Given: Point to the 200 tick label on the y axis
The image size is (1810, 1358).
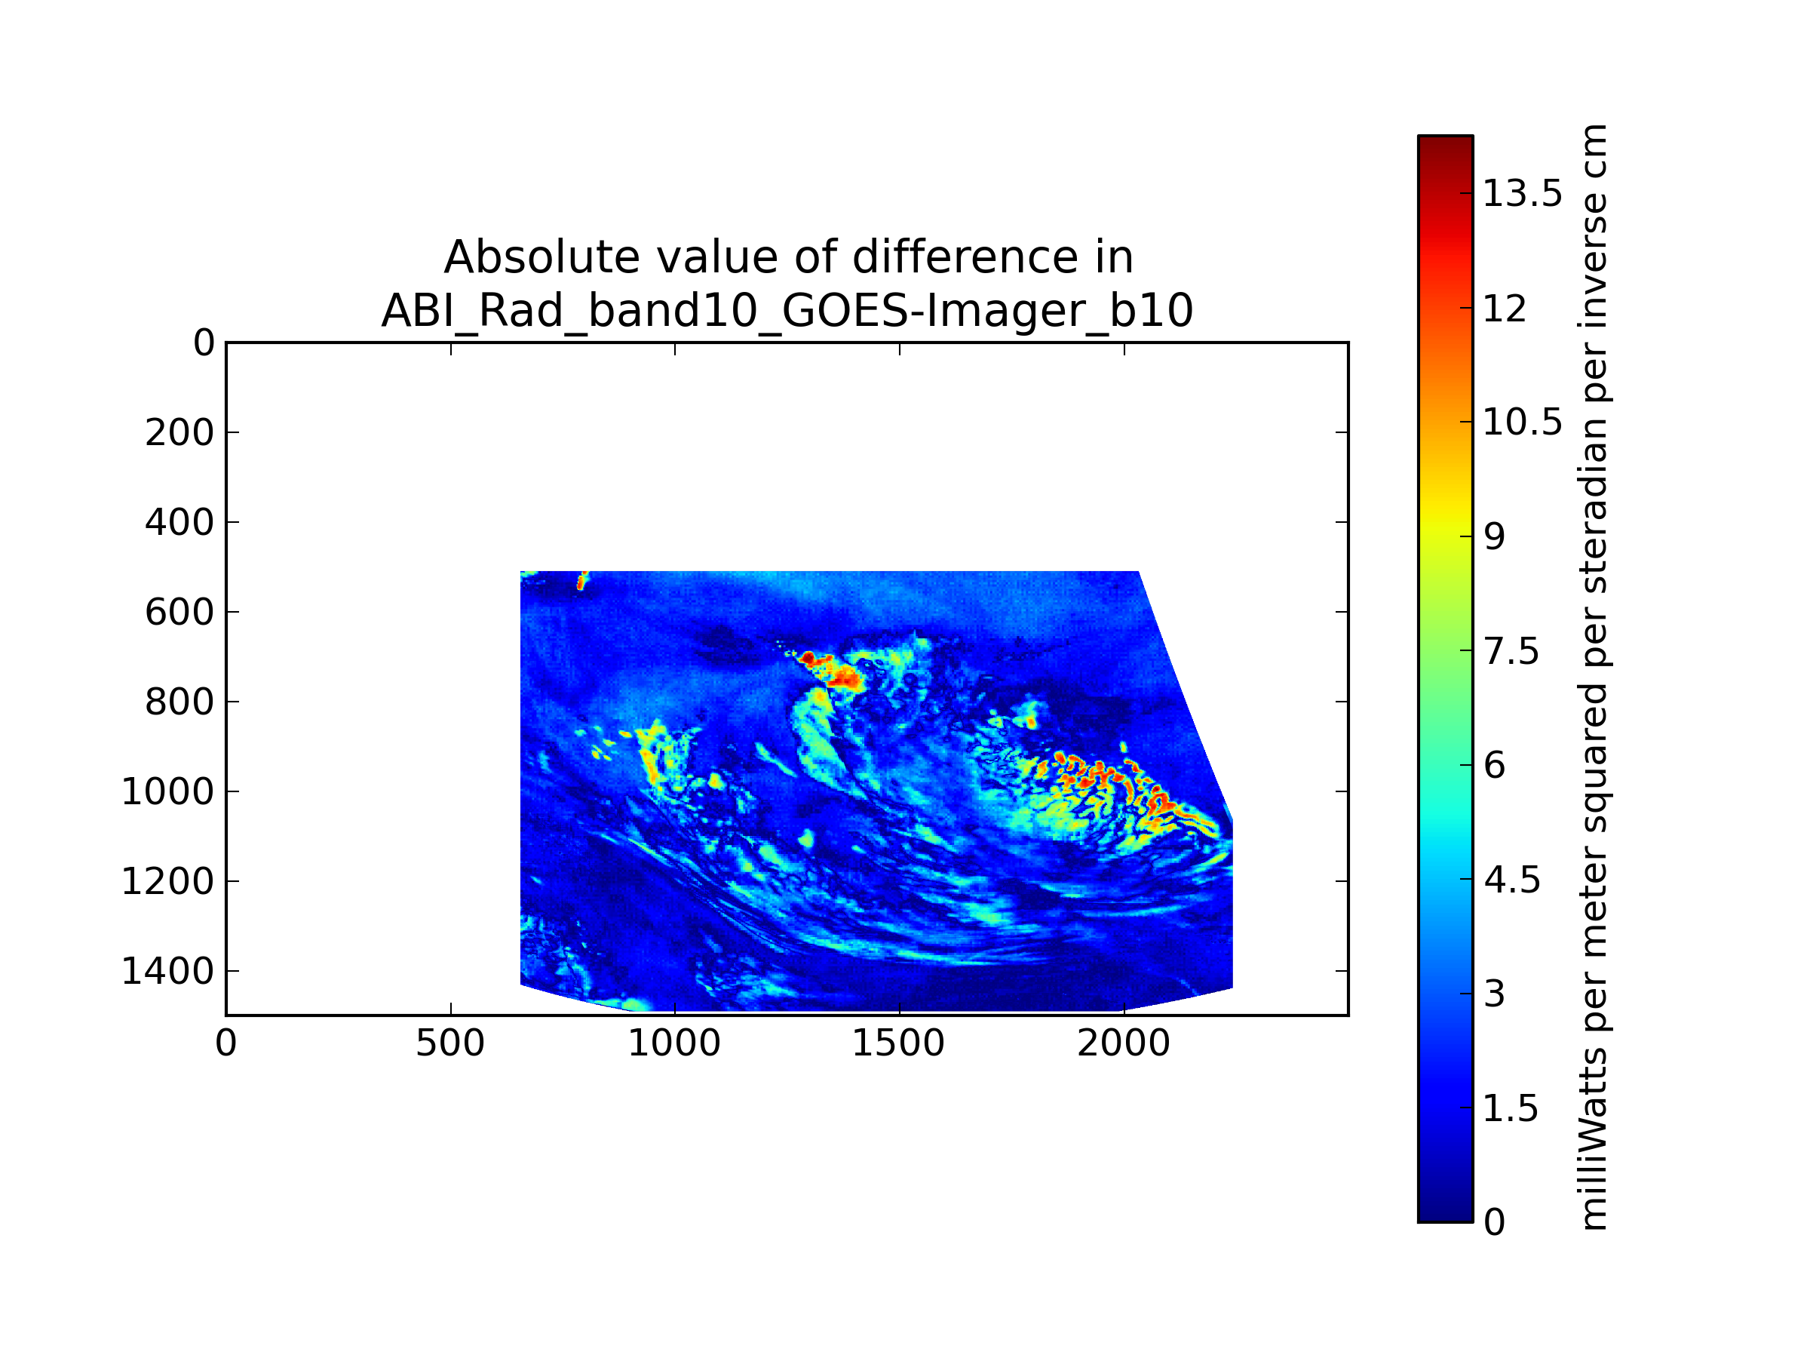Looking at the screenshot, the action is tap(179, 433).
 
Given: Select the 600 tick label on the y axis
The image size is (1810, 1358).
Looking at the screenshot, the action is tap(179, 613).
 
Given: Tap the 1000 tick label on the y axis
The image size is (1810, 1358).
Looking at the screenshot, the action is tap(167, 791).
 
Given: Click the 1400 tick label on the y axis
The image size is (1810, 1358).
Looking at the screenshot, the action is tap(167, 972).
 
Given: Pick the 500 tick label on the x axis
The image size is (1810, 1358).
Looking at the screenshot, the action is tap(451, 1043).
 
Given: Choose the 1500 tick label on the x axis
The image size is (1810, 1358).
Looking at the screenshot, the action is tap(899, 1043).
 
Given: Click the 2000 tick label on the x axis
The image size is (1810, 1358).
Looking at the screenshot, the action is tap(1124, 1043).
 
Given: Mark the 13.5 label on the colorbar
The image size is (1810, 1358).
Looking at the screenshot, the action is tap(1523, 194).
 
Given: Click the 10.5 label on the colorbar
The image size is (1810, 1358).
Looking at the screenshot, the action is tap(1523, 422).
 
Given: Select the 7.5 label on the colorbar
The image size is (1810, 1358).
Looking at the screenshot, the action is tap(1512, 652).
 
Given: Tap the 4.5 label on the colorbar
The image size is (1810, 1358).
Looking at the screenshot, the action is tap(1512, 880).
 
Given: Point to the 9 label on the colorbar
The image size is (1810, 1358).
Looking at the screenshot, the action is tap(1495, 537).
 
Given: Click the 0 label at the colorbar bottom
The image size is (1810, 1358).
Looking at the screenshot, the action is tap(1495, 1222).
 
